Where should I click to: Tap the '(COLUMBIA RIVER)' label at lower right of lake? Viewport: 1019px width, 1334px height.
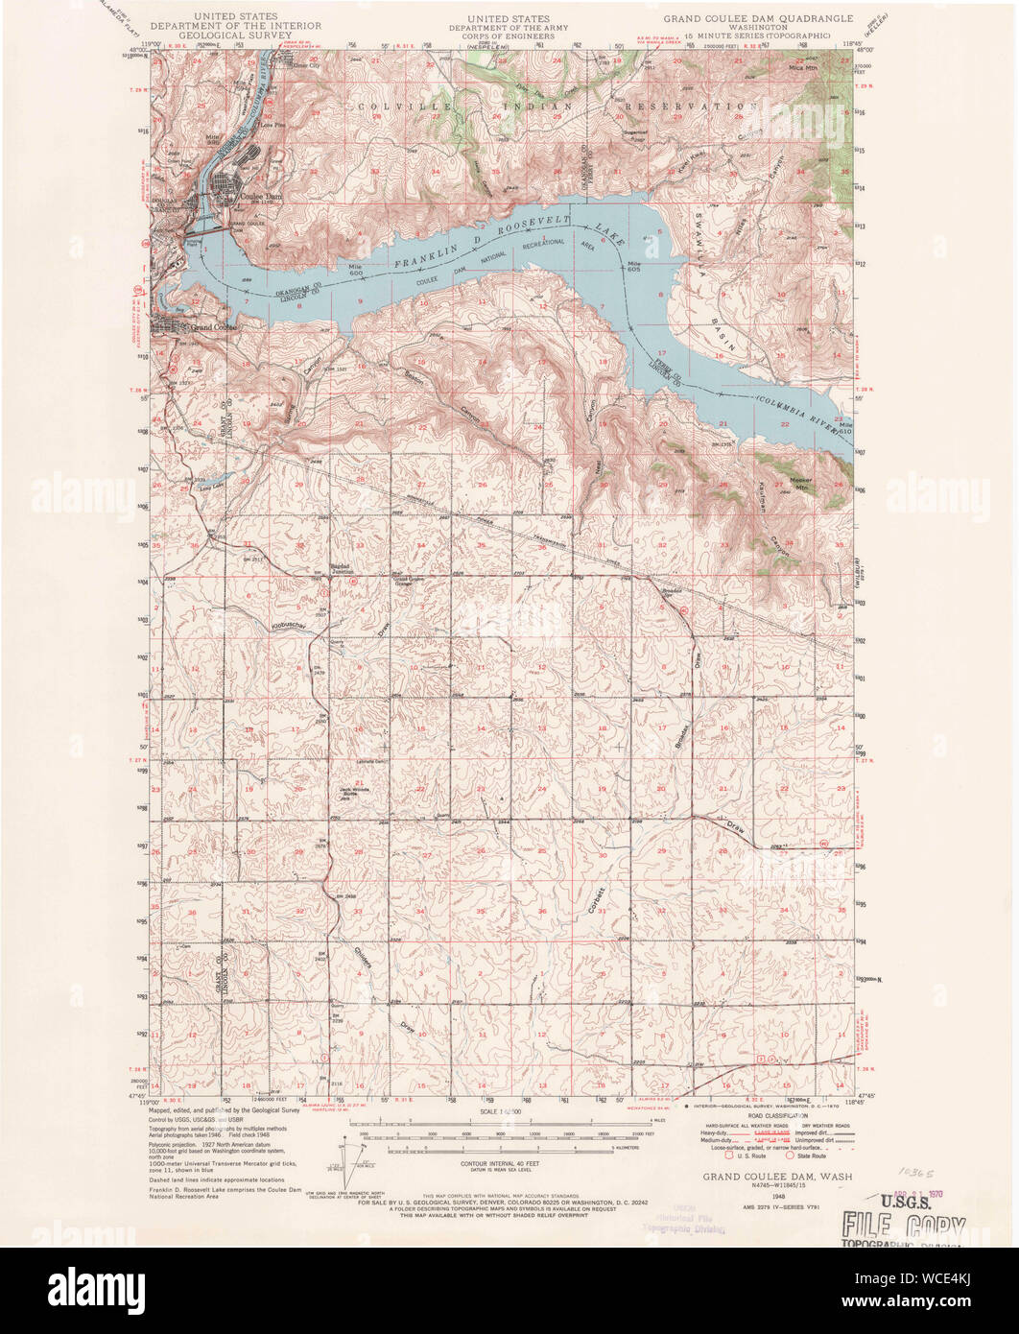795,406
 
